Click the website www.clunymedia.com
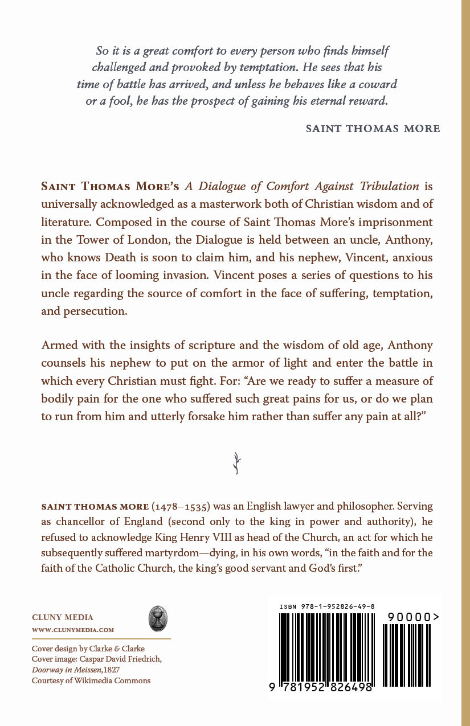pyautogui.click(x=73, y=630)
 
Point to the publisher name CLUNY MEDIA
pyautogui.click(x=63, y=617)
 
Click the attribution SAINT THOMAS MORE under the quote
pyautogui.click(x=373, y=129)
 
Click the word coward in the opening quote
pyautogui.click(x=378, y=84)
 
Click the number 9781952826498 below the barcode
pyautogui.click(x=322, y=687)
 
